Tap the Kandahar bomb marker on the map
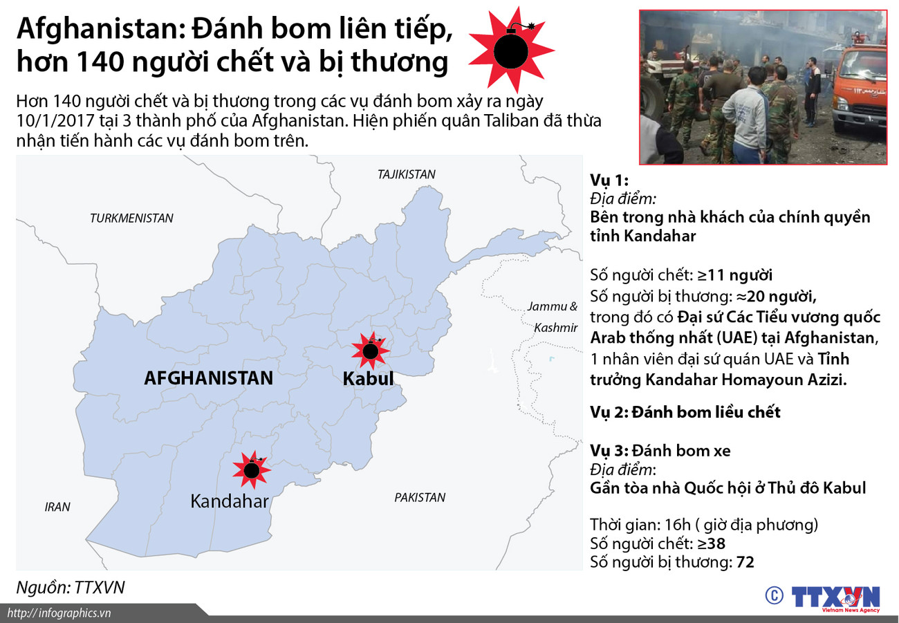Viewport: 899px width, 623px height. [251, 470]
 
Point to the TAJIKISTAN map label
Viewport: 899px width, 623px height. [407, 174]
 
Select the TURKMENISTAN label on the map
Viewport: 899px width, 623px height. [131, 218]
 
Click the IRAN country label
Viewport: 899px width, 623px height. [57, 507]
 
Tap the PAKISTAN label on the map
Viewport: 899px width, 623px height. [420, 497]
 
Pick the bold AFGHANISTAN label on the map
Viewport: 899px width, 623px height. [208, 378]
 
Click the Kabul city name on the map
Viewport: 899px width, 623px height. [368, 378]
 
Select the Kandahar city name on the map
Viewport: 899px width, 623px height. [229, 501]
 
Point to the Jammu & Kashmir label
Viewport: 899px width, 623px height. [553, 317]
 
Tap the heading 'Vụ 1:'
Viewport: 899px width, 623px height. [609, 180]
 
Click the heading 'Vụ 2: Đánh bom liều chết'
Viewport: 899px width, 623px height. [685, 412]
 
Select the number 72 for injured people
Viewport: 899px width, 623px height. [745, 562]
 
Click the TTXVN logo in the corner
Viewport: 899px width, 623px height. [835, 598]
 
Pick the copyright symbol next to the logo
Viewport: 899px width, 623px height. [774, 595]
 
